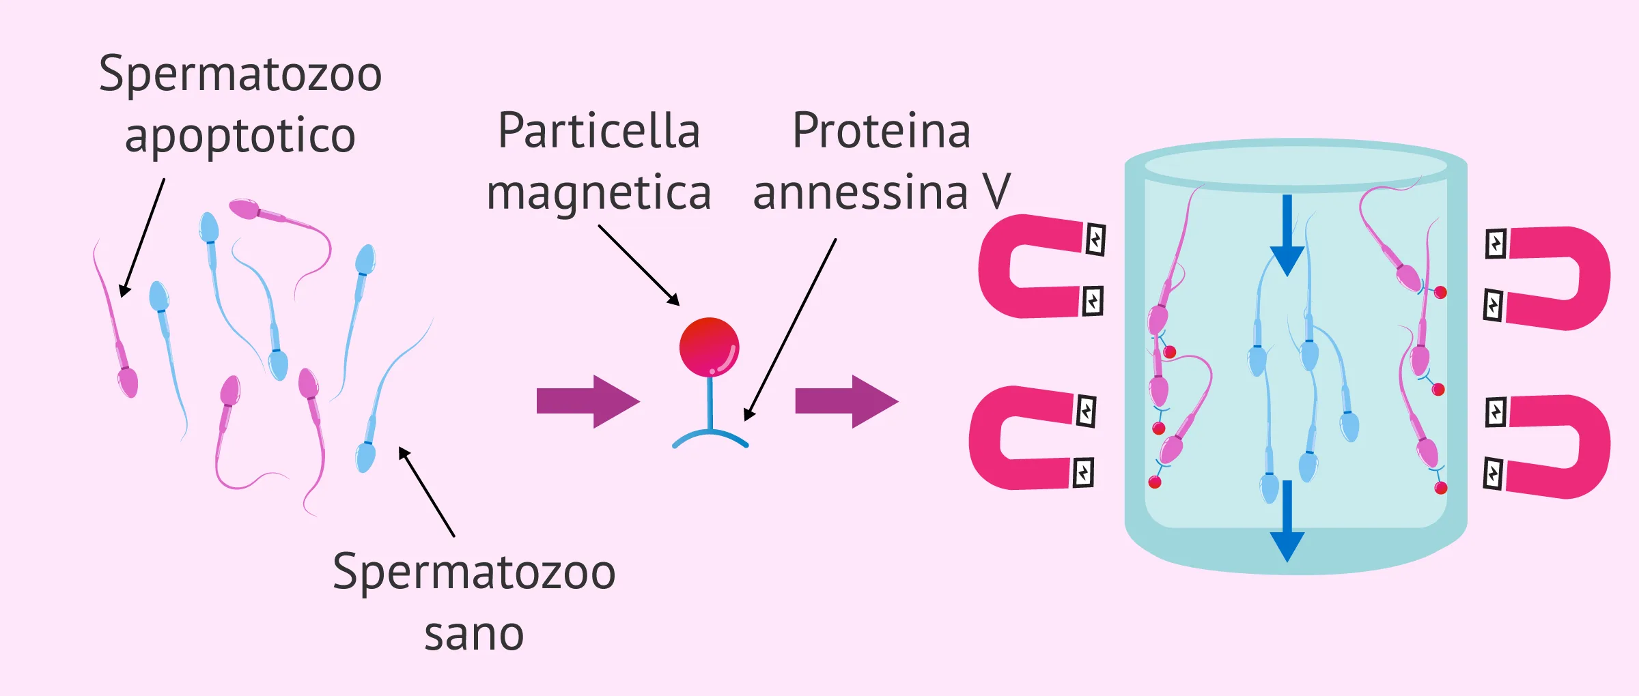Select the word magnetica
point(599,194)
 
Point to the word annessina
point(860,192)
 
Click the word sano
point(474,635)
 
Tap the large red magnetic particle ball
point(709,347)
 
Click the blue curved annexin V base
point(710,437)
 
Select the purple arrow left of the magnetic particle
point(588,401)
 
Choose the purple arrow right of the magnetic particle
point(847,401)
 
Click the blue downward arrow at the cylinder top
point(1287,235)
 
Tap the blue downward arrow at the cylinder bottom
point(1287,521)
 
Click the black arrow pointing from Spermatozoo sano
point(426,491)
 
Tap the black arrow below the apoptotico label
point(142,237)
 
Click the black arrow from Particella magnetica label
point(639,265)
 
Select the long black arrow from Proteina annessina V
point(790,329)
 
